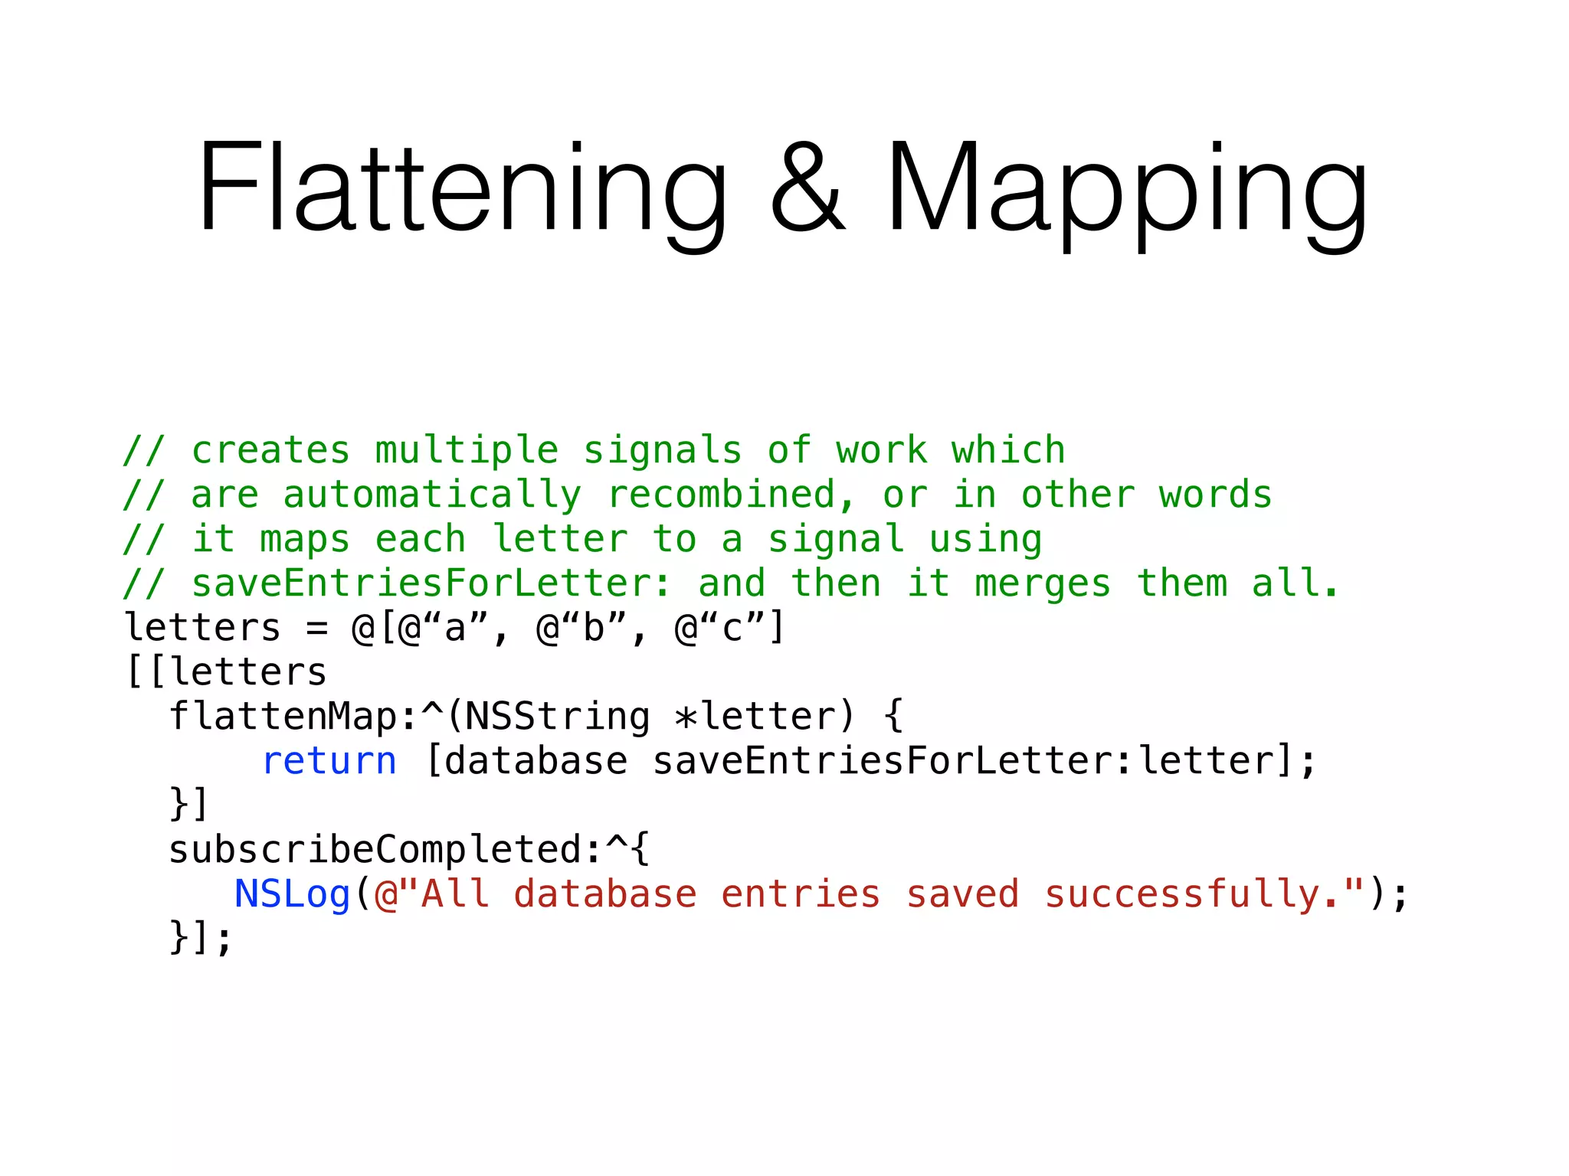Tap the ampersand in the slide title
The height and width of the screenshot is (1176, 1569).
[x=807, y=188]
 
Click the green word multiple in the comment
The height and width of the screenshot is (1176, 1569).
[x=467, y=451]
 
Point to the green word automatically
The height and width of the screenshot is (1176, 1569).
[x=432, y=495]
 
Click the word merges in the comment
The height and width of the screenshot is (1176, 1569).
[x=1043, y=584]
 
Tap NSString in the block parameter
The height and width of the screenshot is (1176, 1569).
[x=558, y=717]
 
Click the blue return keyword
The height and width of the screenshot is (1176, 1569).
[x=329, y=762]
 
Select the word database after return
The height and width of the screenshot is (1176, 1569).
[x=536, y=762]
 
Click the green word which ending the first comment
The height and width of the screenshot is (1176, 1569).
[x=1008, y=450]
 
